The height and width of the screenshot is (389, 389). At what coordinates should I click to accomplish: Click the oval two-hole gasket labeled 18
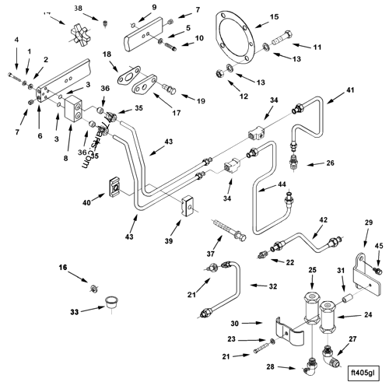coord(128,76)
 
